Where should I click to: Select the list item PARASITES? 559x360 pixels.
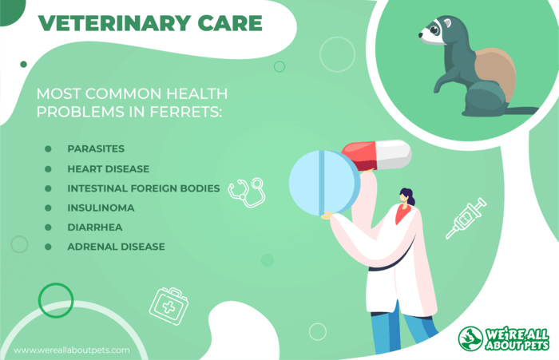[x=96, y=148]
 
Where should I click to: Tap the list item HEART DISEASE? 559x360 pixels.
[x=109, y=169]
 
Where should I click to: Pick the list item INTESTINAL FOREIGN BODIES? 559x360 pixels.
[x=144, y=188]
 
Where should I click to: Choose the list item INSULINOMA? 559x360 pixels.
[x=101, y=208]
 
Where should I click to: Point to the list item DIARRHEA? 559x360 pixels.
[x=95, y=227]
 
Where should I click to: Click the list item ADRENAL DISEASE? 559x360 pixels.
[x=117, y=247]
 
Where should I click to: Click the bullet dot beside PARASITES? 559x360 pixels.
[x=48, y=148]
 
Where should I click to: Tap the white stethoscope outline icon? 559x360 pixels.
[x=247, y=192]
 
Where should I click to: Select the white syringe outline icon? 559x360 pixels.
[x=466, y=218]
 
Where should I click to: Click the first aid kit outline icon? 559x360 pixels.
[x=169, y=307]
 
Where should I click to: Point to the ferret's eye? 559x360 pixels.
[x=434, y=30]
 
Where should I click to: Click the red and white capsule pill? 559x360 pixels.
[x=376, y=155]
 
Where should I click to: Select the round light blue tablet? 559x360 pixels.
[x=324, y=183]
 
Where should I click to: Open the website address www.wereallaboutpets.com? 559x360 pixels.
[x=72, y=350]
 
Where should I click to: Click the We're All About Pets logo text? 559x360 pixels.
[x=517, y=340]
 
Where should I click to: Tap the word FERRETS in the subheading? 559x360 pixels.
[x=185, y=112]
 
